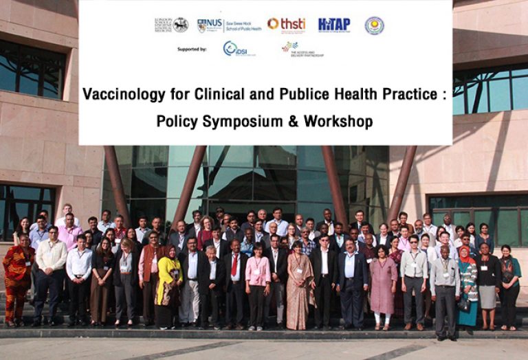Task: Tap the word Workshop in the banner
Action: pyautogui.click(x=339, y=122)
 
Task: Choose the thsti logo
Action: pyautogui.click(x=287, y=24)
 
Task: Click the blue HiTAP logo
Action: pyautogui.click(x=334, y=25)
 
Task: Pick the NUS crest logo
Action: pyautogui.click(x=201, y=25)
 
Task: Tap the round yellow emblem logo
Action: pyautogui.click(x=375, y=25)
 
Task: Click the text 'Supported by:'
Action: pyautogui.click(x=192, y=49)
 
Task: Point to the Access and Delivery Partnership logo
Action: pyautogui.click(x=302, y=49)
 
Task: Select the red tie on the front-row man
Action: pyautogui.click(x=234, y=265)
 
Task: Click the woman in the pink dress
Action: pyautogui.click(x=382, y=282)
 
